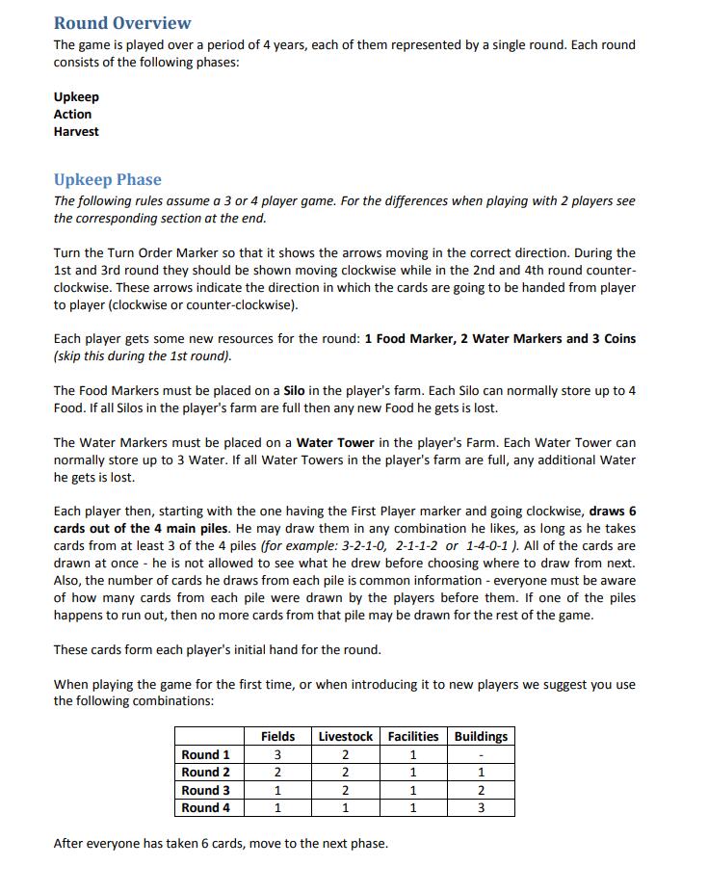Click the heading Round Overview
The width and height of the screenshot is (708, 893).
click(x=122, y=23)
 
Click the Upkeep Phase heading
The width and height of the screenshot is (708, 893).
click(x=107, y=180)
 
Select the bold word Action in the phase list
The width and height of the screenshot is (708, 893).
click(x=72, y=114)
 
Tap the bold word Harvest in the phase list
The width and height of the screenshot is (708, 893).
click(x=76, y=131)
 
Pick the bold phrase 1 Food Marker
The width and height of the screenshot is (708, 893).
click(x=406, y=339)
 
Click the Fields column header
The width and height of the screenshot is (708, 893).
click(x=277, y=736)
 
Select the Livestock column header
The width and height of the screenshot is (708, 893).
click(x=345, y=736)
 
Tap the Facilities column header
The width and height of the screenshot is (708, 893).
click(x=412, y=736)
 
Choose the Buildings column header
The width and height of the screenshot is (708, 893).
click(x=481, y=736)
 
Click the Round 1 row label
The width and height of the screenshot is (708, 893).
click(x=205, y=754)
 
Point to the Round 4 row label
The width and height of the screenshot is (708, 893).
click(x=205, y=807)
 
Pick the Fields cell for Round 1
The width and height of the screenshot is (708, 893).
click(x=277, y=754)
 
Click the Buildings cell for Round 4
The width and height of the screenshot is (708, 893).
click(x=481, y=807)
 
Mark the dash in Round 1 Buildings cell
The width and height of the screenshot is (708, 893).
click(x=481, y=754)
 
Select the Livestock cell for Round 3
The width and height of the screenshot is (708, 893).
click(x=345, y=790)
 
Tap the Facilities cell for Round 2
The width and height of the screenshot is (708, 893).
click(x=412, y=772)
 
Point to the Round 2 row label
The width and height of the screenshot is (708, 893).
click(x=205, y=772)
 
